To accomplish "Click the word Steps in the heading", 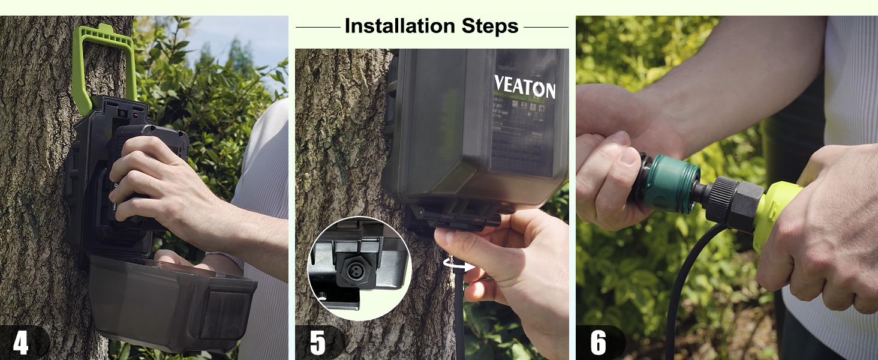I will pyautogui.click(x=490, y=26).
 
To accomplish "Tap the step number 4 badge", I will pyautogui.click(x=21, y=343).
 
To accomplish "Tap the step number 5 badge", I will pyautogui.click(x=318, y=343).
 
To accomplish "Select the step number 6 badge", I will pyautogui.click(x=599, y=343).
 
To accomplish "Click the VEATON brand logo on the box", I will pyautogui.click(x=525, y=88).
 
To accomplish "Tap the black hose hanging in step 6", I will pyautogui.click(x=684, y=288).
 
